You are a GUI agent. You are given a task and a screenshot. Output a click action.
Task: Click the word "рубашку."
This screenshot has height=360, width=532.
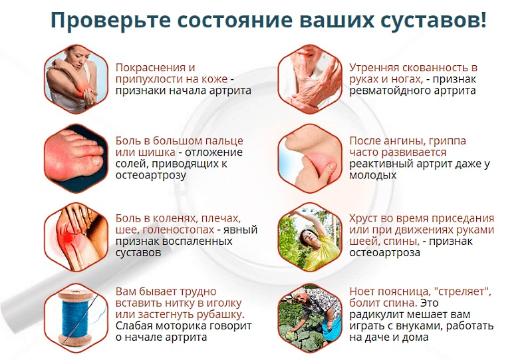(215, 314)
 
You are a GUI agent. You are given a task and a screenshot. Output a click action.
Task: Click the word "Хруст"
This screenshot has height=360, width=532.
(365, 218)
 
